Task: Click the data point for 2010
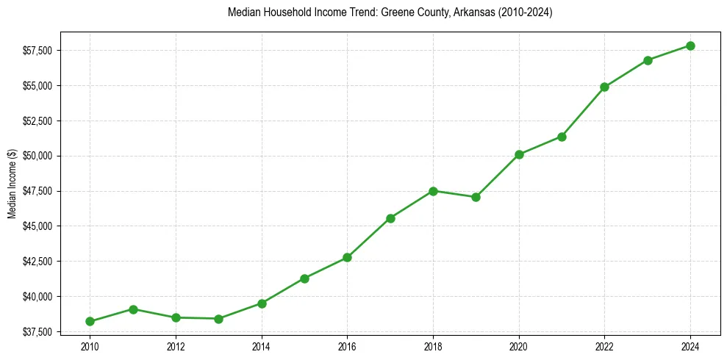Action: point(90,321)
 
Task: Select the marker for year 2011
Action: point(133,309)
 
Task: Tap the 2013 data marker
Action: point(218,319)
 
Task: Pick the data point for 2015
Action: point(304,278)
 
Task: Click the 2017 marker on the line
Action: point(390,218)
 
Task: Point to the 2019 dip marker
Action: point(476,197)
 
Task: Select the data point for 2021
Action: point(562,137)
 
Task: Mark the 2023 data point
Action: point(648,60)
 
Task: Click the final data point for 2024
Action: point(690,46)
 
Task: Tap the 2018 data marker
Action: point(433,191)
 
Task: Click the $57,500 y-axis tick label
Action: point(36,51)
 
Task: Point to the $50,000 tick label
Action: point(36,156)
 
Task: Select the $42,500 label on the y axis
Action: point(36,262)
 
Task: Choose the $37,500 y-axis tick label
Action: point(36,332)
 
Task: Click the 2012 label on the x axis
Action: point(176,346)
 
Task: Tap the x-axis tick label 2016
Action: point(347,346)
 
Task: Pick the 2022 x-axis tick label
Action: point(604,346)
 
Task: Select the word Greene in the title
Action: point(396,12)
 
